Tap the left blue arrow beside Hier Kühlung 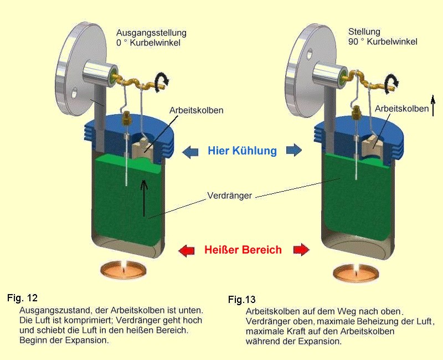coord(189,151)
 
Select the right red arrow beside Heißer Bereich coord(301,250)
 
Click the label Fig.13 coord(242,300)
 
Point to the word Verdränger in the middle coord(230,196)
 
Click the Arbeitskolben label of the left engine coord(198,110)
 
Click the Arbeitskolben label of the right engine coord(401,109)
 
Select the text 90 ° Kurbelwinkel coord(383,42)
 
